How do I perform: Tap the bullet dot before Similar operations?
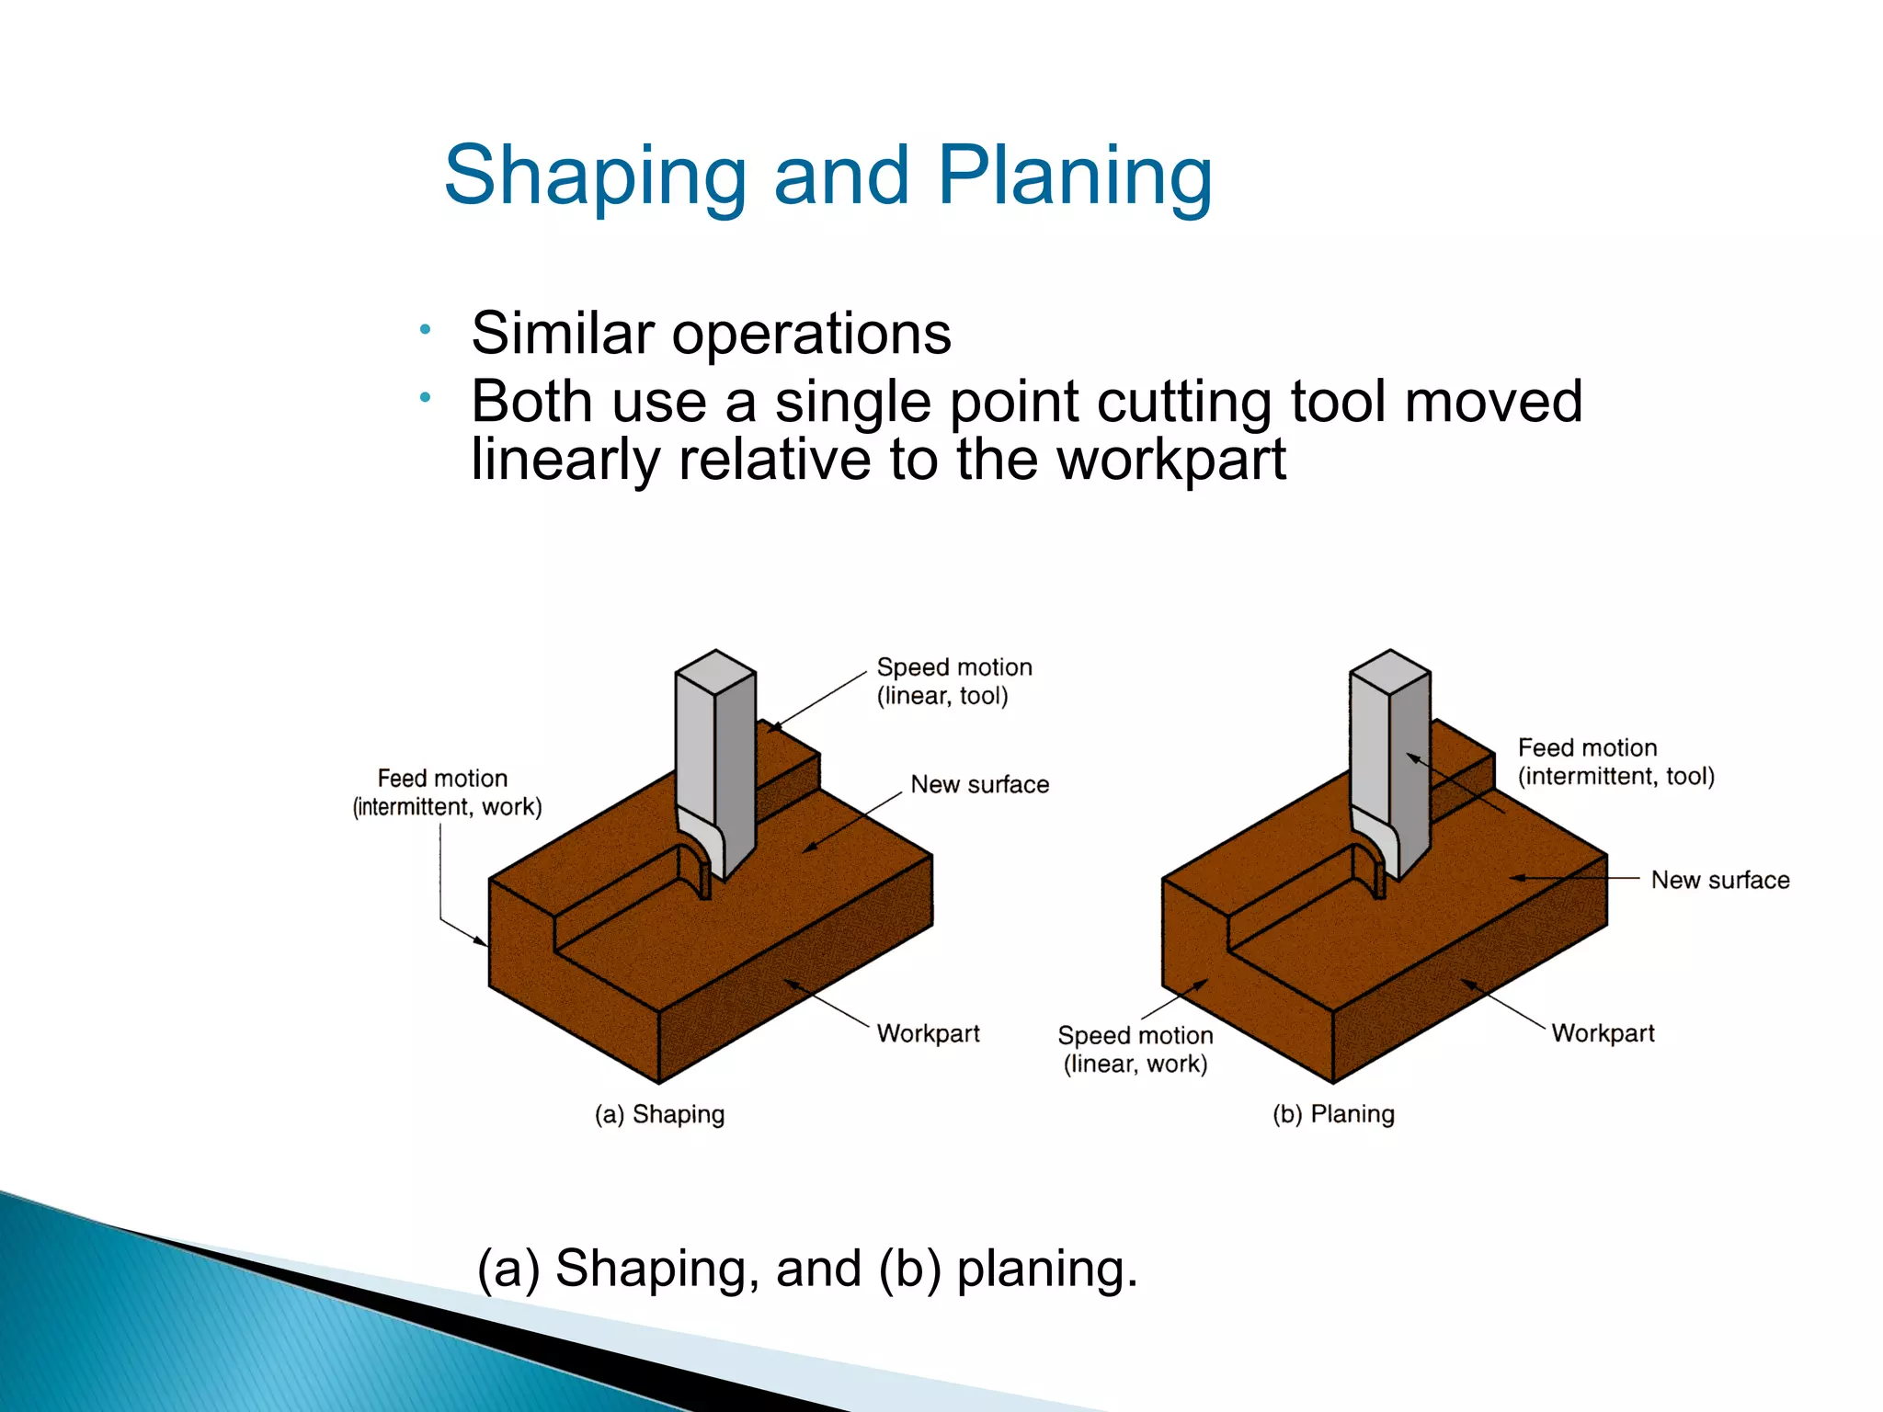425,329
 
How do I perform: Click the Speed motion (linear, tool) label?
953,681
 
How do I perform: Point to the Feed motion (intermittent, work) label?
447,792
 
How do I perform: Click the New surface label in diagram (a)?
979,784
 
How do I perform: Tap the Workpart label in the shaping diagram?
928,1033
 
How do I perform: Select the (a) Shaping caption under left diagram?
659,1114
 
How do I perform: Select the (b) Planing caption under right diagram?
1333,1114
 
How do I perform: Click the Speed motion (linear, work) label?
1136,1050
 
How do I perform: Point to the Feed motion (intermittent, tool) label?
1615,762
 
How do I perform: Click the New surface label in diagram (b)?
1719,880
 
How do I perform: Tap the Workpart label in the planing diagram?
1603,1033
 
